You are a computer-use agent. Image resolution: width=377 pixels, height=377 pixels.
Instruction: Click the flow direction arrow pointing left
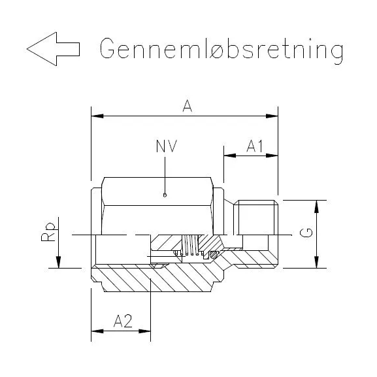[53, 49]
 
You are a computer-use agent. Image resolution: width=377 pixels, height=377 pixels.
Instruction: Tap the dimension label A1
[254, 147]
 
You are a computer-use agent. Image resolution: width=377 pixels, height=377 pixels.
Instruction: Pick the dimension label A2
[123, 321]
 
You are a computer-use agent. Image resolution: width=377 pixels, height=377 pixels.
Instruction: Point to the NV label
[166, 147]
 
